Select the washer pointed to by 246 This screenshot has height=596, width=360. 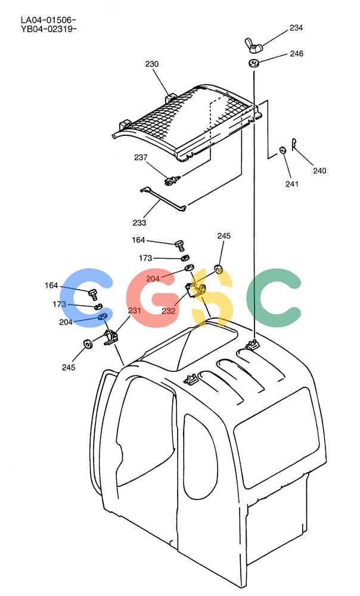pos(253,63)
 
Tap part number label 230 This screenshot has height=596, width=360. pos(151,64)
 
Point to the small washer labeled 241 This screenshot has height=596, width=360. pos(283,150)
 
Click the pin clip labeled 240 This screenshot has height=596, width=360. pos(294,144)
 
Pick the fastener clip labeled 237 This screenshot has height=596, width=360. pos(172,179)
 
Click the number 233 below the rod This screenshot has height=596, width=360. pos(139,223)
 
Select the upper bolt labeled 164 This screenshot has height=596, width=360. pos(179,245)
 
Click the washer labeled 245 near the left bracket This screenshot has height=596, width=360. pos(88,344)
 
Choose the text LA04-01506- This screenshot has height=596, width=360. pos(49,20)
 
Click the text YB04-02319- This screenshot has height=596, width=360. pos(49,29)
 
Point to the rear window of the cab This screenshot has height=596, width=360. pos(277,437)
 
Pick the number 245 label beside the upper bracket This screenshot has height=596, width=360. pos(224,235)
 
